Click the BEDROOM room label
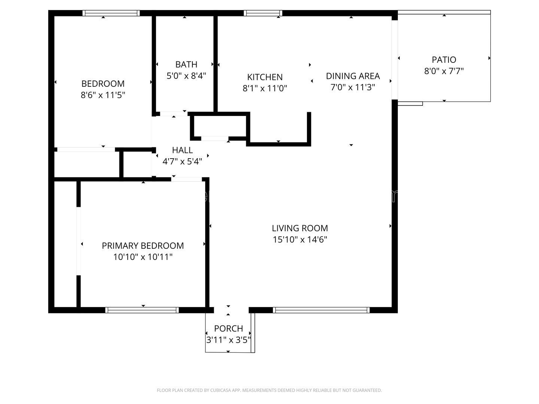103,84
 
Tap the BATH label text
186,64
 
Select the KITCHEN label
265,77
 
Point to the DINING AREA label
353,76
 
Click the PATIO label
444,59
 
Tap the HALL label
182,150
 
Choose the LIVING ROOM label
300,228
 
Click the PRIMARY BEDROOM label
143,245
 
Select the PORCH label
228,328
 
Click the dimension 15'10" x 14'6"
300,239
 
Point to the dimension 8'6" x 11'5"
103,95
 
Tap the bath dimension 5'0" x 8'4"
186,76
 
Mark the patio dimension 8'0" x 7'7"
444,71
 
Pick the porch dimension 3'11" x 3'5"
228,340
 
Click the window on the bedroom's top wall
111,13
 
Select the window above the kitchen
263,13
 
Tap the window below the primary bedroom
142,310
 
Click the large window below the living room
321,310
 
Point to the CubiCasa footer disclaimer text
269,390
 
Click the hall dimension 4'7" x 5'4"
182,161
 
